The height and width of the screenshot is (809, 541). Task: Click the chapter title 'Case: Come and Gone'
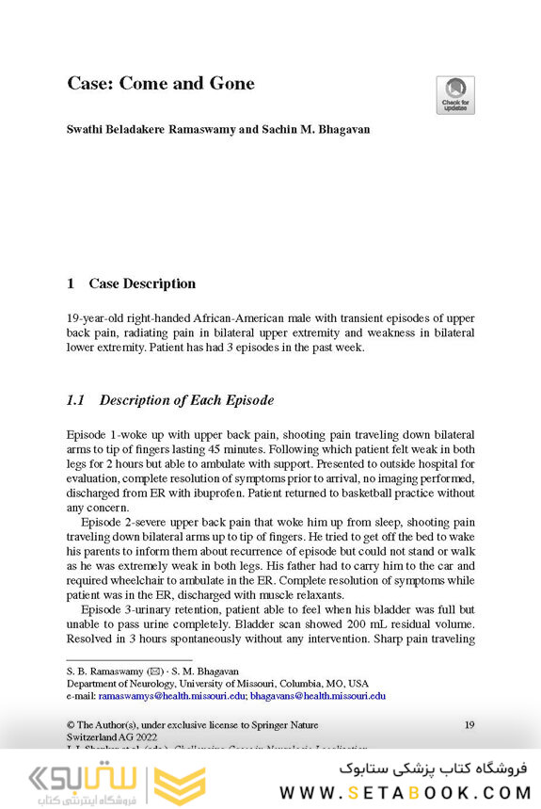(x=161, y=84)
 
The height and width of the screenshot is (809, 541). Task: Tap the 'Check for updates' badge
(x=455, y=95)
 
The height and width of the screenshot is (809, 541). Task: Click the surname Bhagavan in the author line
(x=341, y=129)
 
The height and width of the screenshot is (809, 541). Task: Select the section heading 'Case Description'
(x=142, y=283)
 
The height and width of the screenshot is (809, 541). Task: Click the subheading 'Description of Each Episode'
(x=186, y=400)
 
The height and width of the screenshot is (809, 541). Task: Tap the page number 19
(x=469, y=724)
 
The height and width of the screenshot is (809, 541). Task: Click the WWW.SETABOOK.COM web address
(x=404, y=792)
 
